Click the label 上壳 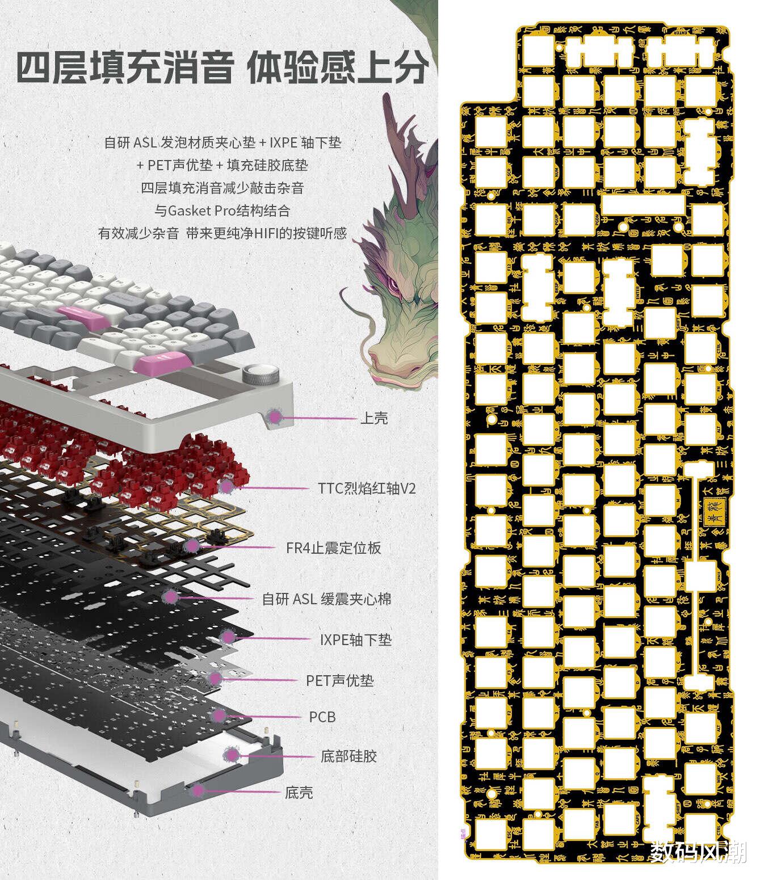pyautogui.click(x=374, y=419)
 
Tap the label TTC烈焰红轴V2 pyautogui.click(x=367, y=488)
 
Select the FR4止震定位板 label pyautogui.click(x=334, y=548)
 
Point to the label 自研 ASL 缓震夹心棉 pyautogui.click(x=326, y=599)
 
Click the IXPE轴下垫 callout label pyautogui.click(x=356, y=640)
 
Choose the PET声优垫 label pyautogui.click(x=340, y=680)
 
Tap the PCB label pyautogui.click(x=322, y=717)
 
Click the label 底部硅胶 pyautogui.click(x=348, y=756)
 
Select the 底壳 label pyautogui.click(x=299, y=793)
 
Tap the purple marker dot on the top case pyautogui.click(x=275, y=417)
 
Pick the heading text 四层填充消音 pyautogui.click(x=124, y=68)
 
